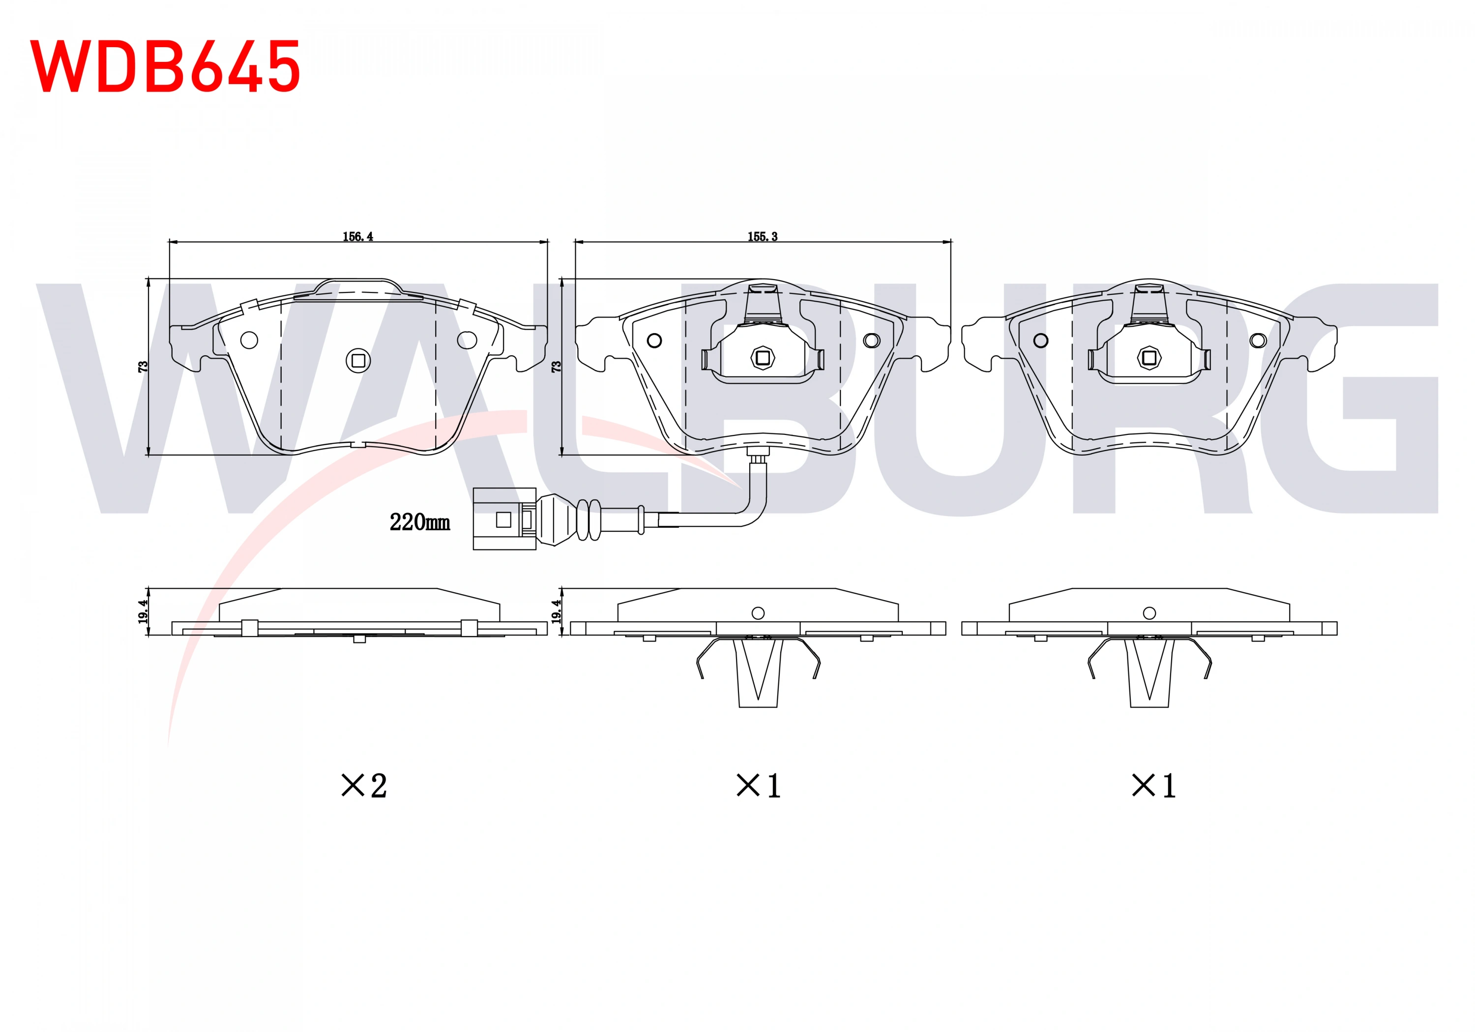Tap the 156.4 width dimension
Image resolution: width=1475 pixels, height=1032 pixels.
pyautogui.click(x=358, y=236)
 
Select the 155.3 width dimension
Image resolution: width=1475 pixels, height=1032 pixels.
pyautogui.click(x=763, y=236)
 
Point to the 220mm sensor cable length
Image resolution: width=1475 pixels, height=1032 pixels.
pyautogui.click(x=419, y=522)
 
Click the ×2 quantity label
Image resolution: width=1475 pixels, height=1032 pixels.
pyautogui.click(x=364, y=785)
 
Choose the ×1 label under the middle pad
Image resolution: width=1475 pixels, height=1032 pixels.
pyautogui.click(x=758, y=785)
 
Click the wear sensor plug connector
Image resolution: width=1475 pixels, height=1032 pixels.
pyautogui.click(x=504, y=519)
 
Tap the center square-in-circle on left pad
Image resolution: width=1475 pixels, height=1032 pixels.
pyautogui.click(x=358, y=360)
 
